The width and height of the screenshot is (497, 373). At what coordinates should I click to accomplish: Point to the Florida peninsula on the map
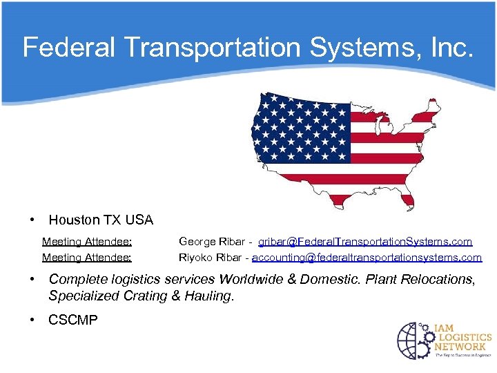pos(408,200)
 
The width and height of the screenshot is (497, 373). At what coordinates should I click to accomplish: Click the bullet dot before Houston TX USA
pos(32,220)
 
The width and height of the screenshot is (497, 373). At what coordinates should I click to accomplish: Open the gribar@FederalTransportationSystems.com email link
pos(365,242)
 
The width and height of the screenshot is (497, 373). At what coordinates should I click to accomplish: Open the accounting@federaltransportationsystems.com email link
pos(367,258)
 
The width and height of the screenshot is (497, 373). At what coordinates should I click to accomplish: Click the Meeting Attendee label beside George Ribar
pos(87,242)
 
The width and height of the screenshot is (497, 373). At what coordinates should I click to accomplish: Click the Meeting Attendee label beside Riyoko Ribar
pos(87,258)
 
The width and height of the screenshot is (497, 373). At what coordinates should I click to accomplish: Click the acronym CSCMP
pos(73,320)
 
